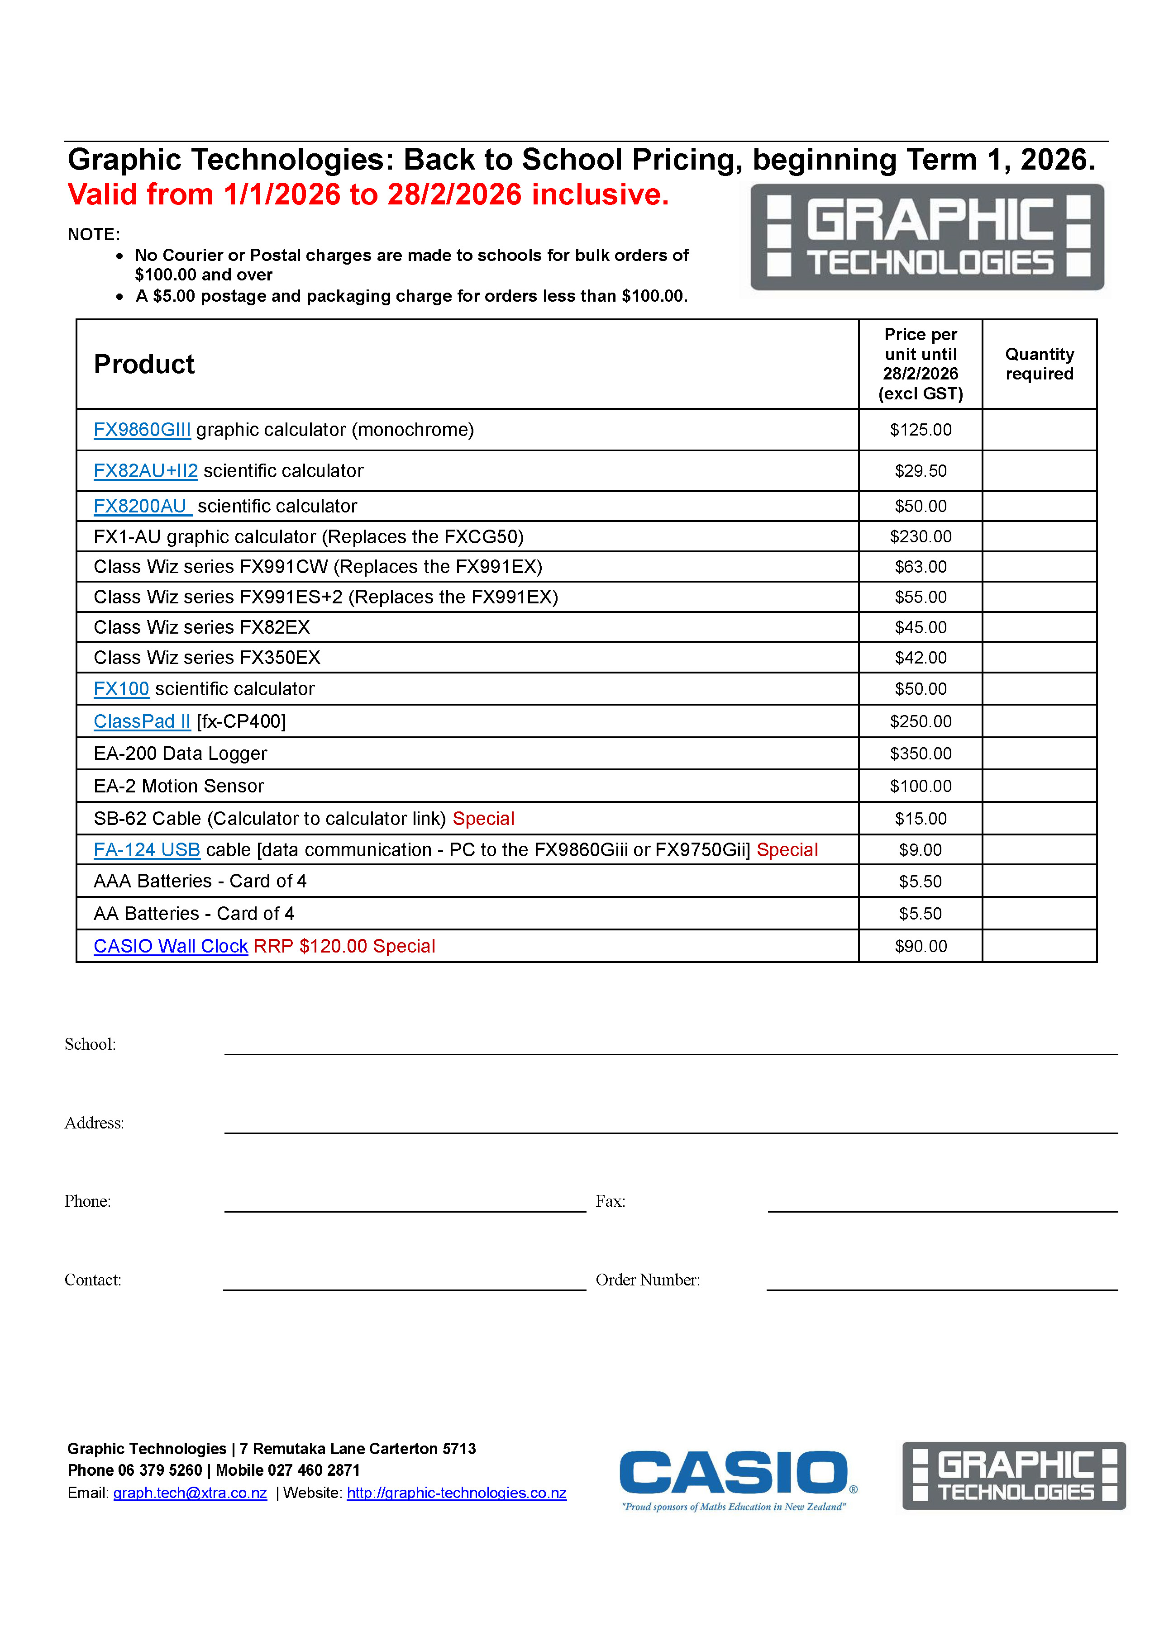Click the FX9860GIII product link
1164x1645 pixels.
point(142,430)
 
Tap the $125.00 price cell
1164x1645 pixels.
point(921,430)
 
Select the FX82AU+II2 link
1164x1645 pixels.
point(146,471)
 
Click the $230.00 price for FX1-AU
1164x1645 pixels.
point(921,536)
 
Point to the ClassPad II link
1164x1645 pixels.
point(142,721)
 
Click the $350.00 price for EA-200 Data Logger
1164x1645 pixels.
point(921,754)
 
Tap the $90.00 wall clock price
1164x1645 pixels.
point(921,947)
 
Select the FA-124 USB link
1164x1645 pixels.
point(147,850)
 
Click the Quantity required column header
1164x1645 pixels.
point(1039,364)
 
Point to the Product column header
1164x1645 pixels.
point(144,364)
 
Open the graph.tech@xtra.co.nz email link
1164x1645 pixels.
point(190,1493)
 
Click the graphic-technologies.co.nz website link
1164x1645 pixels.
point(457,1493)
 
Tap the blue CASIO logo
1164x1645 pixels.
point(735,1473)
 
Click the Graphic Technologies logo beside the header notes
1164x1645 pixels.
point(927,237)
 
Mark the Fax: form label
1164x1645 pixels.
point(611,1201)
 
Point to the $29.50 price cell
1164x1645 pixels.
point(921,471)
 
